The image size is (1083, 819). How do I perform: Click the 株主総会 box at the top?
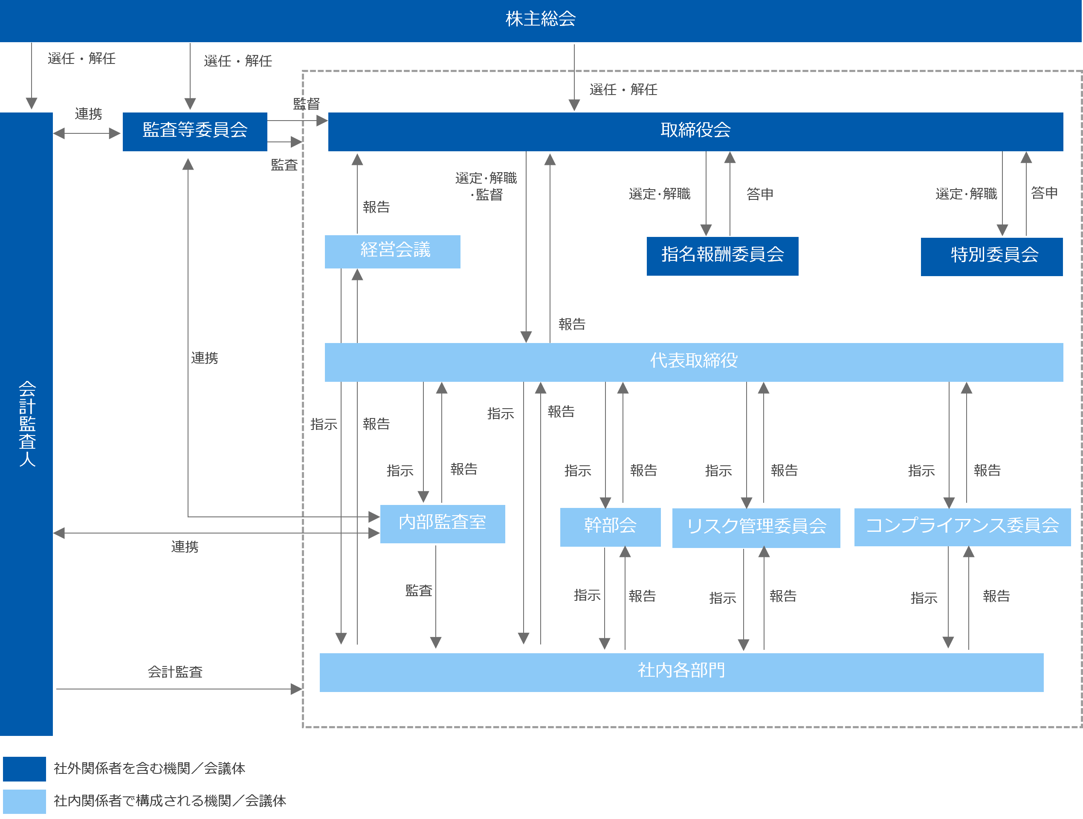tap(541, 20)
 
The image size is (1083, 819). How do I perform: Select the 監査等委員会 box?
tap(195, 131)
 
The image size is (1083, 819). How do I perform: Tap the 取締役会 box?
tap(695, 131)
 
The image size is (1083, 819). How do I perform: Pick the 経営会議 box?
tap(393, 251)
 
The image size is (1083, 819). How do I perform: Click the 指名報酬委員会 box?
tap(722, 255)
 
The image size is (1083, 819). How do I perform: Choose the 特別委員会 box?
tap(991, 256)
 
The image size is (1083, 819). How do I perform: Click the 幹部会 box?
tap(610, 526)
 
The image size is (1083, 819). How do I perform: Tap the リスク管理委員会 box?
tap(756, 528)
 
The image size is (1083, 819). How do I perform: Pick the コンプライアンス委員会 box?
tap(962, 526)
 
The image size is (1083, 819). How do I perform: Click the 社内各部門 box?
tap(681, 671)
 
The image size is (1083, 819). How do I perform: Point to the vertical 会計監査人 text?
tap(27, 423)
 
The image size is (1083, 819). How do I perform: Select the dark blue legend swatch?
tap(24, 769)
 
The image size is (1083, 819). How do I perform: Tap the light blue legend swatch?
tap(24, 802)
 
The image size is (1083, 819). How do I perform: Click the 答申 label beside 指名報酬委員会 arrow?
tap(760, 194)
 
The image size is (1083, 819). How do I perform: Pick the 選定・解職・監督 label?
tap(486, 186)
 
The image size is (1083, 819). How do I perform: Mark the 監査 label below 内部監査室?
tap(419, 591)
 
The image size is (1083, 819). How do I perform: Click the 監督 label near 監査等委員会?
tap(306, 104)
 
